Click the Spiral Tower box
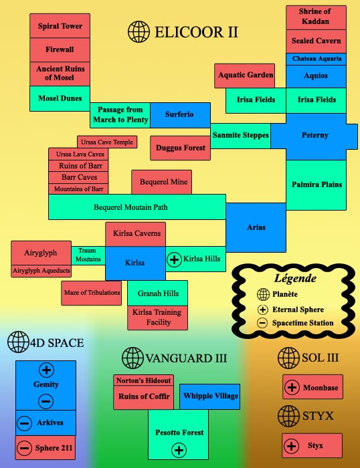(60, 25)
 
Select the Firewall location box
(60, 50)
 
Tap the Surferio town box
(180, 115)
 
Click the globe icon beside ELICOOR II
(139, 31)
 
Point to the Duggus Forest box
(180, 148)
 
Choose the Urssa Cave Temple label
(107, 142)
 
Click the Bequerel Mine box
(162, 182)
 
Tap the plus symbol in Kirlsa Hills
(174, 259)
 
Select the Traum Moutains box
(88, 255)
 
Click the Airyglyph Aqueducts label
(41, 271)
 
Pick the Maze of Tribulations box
(92, 293)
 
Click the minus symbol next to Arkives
(25, 423)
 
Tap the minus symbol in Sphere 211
(25, 448)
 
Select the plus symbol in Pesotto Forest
(179, 450)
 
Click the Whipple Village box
(209, 396)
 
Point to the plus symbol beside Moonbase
(292, 387)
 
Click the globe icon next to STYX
(288, 416)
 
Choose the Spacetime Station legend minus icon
(262, 323)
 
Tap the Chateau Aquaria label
(316, 59)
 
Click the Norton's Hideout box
(143, 380)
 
